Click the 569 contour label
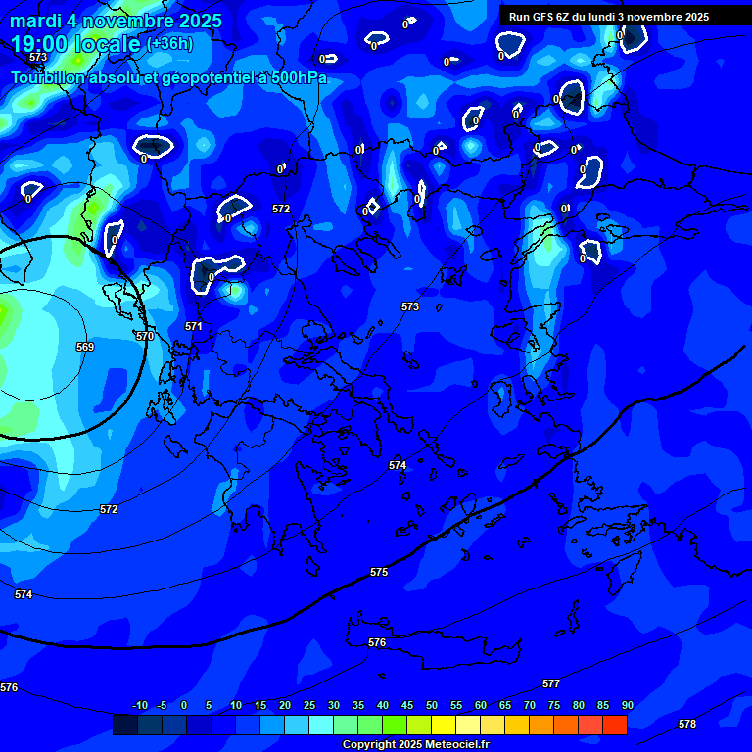click(x=85, y=347)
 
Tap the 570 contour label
click(x=145, y=336)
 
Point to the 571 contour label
click(x=194, y=326)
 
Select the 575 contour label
click(x=379, y=572)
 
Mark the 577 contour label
click(x=551, y=683)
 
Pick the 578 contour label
click(x=687, y=724)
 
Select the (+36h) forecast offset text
click(x=169, y=44)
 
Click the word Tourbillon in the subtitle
click(x=50, y=77)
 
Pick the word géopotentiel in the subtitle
click(x=201, y=77)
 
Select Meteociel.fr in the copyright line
click(x=449, y=745)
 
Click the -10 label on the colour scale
click(x=139, y=705)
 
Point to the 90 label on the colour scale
click(x=627, y=705)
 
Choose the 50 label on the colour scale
click(x=431, y=705)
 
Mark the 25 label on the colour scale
click(x=308, y=705)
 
